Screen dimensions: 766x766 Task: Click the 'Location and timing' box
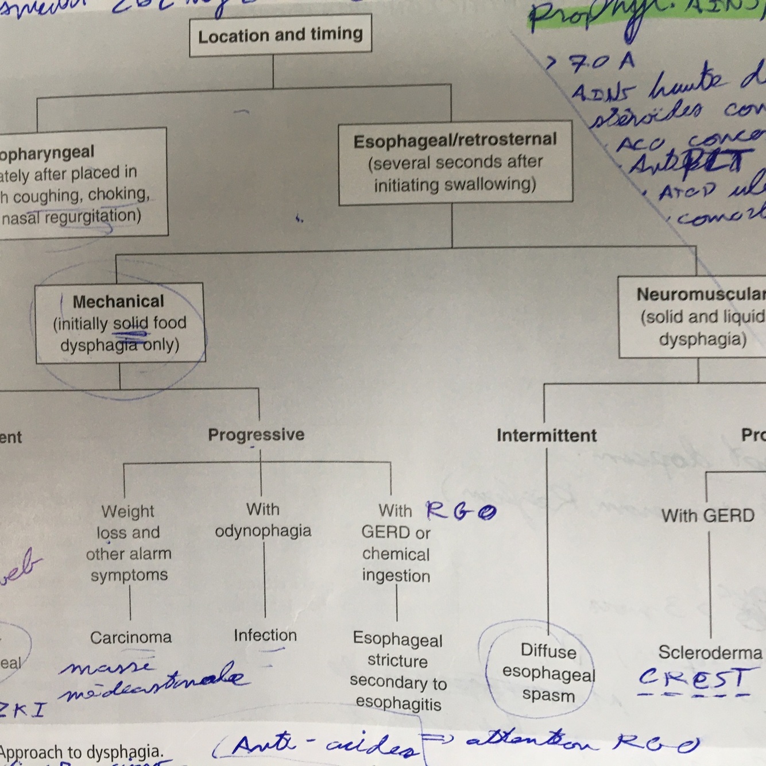280,35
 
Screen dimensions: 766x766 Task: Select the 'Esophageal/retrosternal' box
455,163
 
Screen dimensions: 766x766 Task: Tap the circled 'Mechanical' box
119,323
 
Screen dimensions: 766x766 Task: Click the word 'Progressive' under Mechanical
256,435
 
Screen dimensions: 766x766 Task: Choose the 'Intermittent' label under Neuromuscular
546,435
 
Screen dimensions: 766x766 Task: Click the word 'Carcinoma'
131,637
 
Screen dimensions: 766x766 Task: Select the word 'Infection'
265,635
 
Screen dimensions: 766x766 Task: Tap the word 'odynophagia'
263,531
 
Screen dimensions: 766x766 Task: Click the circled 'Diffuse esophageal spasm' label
548,673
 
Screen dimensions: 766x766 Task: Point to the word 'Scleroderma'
710,652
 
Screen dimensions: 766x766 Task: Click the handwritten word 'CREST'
695,679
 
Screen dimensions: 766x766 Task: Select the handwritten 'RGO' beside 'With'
461,510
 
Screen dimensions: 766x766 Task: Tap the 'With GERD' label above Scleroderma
707,516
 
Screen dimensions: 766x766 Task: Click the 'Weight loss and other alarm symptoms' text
129,543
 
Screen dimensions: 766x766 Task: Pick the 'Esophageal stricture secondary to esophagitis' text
398,671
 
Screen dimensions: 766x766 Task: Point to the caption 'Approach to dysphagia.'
82,752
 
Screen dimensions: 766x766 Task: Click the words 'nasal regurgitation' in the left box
71,217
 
